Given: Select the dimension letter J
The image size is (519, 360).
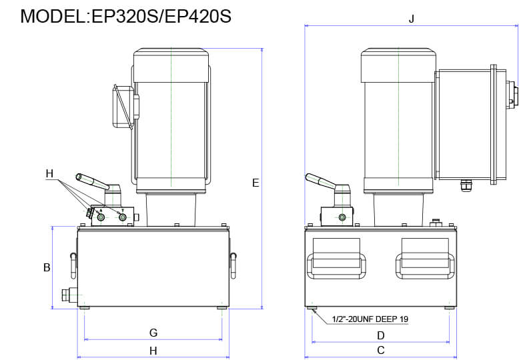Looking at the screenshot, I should tap(412, 19).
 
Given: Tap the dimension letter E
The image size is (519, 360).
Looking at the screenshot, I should tap(255, 182).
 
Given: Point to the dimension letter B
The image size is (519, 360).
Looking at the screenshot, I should tap(47, 267).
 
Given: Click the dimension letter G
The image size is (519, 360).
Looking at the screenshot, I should tap(153, 332).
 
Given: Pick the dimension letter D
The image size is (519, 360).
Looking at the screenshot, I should tap(381, 335).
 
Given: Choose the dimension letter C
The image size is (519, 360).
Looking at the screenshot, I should tap(381, 350).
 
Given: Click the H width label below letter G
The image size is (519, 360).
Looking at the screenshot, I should tap(153, 350).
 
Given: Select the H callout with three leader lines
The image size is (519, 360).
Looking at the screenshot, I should tap(49, 174).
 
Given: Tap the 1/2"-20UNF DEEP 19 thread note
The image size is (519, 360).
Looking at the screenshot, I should tap(370, 319).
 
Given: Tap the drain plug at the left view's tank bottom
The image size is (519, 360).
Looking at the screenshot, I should tap(69, 295).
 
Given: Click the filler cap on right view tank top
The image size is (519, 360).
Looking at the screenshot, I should tap(437, 222).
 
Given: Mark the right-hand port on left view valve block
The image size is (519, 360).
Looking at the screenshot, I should tap(122, 217).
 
